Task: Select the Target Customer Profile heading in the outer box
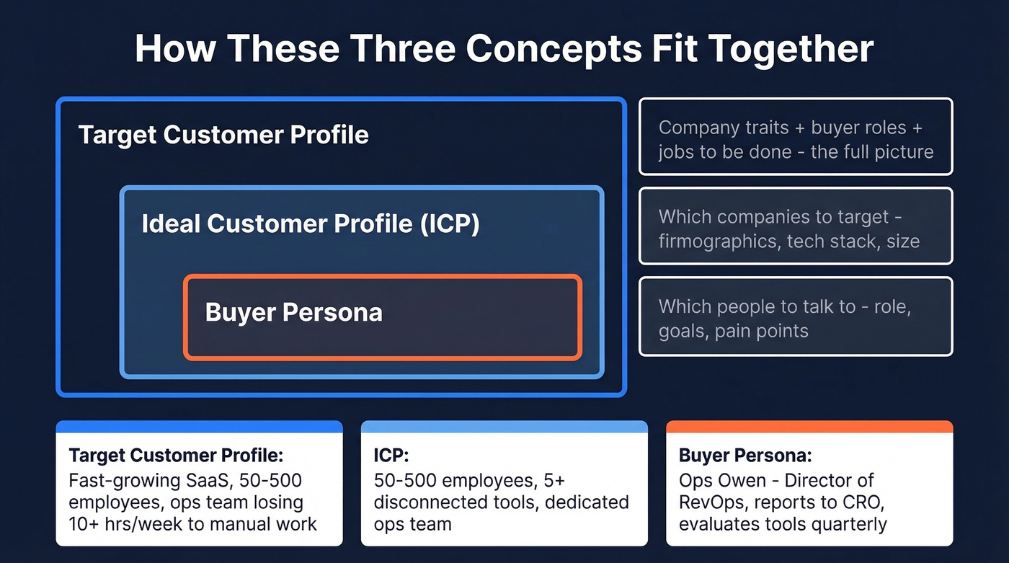click(223, 135)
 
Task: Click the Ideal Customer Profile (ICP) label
click(311, 223)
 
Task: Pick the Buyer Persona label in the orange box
click(293, 312)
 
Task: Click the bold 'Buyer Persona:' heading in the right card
click(745, 456)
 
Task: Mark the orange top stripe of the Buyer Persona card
click(809, 427)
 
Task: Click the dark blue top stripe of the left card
click(199, 427)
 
